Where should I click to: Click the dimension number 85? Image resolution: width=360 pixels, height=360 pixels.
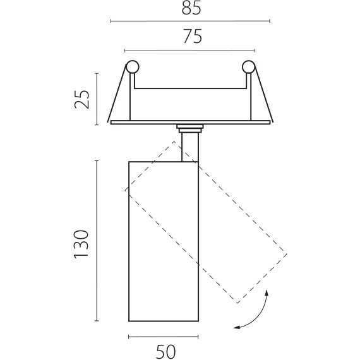pyautogui.click(x=191, y=9)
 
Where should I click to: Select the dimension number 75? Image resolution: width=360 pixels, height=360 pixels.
pyautogui.click(x=193, y=36)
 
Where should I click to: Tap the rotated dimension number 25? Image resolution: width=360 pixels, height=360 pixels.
pyautogui.click(x=81, y=99)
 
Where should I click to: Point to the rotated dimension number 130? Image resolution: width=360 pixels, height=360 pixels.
pyautogui.click(x=81, y=244)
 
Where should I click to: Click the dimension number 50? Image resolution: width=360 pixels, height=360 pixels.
pyautogui.click(x=165, y=351)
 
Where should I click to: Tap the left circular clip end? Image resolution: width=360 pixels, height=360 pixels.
pyautogui.click(x=133, y=67)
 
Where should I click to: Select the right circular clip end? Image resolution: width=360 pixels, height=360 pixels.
pyautogui.click(x=249, y=67)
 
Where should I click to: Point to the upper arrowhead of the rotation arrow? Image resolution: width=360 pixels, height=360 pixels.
pyautogui.click(x=267, y=292)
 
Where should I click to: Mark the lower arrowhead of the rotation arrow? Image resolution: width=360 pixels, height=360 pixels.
pyautogui.click(x=236, y=327)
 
